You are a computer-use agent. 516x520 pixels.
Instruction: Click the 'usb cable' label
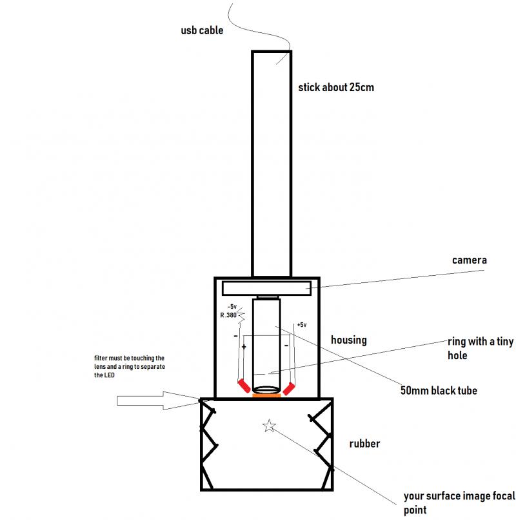pyautogui.click(x=202, y=30)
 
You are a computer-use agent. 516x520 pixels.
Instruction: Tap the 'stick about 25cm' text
pyautogui.click(x=336, y=88)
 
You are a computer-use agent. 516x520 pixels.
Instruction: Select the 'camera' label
pyautogui.click(x=470, y=260)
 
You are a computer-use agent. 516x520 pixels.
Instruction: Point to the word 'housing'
pyautogui.click(x=349, y=340)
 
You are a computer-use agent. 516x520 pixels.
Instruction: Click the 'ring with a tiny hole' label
pyautogui.click(x=481, y=348)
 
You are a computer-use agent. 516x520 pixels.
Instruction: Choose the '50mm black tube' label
pyautogui.click(x=439, y=391)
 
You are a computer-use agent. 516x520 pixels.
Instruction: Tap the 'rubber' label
pyautogui.click(x=364, y=444)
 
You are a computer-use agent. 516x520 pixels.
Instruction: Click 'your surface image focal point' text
pyautogui.click(x=459, y=503)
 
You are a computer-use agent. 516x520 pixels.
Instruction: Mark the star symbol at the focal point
pyautogui.click(x=269, y=426)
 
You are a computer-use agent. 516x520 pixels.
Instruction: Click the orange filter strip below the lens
pyautogui.click(x=266, y=395)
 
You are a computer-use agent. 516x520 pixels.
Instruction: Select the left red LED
pyautogui.click(x=244, y=386)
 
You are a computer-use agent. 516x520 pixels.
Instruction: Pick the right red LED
pyautogui.click(x=289, y=389)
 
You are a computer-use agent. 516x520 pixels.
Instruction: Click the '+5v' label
pyautogui.click(x=302, y=325)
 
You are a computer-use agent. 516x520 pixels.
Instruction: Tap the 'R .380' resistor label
pyautogui.click(x=228, y=315)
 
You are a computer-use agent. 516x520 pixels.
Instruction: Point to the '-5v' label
pyautogui.click(x=232, y=307)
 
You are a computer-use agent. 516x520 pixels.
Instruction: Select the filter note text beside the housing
pyautogui.click(x=130, y=367)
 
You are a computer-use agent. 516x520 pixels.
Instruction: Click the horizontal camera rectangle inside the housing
pyautogui.click(x=266, y=289)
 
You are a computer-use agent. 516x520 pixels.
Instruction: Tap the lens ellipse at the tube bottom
pyautogui.click(x=266, y=390)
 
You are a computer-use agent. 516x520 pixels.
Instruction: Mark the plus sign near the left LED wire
pyautogui.click(x=244, y=347)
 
